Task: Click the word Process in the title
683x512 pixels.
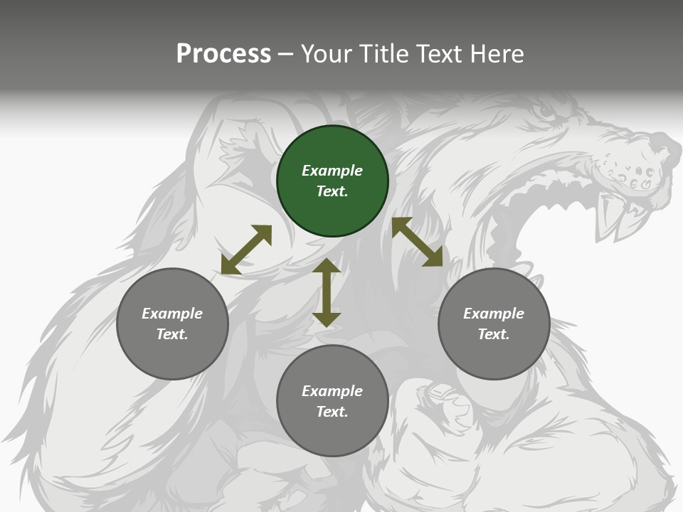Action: (x=223, y=54)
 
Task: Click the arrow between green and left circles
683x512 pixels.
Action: (x=246, y=250)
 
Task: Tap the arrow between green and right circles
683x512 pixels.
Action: (x=417, y=242)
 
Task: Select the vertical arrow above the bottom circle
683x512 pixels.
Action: (x=327, y=292)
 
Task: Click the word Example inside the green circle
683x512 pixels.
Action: (x=332, y=171)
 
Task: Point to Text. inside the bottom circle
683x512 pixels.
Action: (x=332, y=412)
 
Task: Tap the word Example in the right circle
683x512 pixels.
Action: (x=494, y=314)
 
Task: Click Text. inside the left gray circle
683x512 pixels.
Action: (x=172, y=334)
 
